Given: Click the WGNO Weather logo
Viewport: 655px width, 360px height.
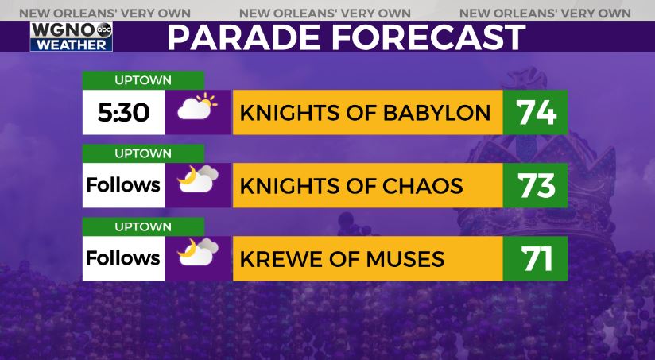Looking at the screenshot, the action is (x=71, y=37).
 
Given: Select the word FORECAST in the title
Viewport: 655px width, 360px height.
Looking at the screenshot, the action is (x=428, y=37).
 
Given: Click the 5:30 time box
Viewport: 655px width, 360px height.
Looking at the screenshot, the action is (x=124, y=112).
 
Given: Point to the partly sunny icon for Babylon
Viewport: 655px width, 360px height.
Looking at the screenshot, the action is (x=197, y=106).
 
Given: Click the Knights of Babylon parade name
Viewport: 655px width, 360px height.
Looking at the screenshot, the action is (x=365, y=113).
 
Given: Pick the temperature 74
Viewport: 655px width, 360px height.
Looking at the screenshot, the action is (x=536, y=113).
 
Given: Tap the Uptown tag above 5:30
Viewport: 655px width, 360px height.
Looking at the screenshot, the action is (x=143, y=80).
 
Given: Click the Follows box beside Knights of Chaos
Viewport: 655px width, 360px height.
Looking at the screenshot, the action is (x=124, y=185).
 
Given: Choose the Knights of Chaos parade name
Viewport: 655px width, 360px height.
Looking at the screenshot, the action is (x=351, y=186).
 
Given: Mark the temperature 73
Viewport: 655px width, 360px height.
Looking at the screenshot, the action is (x=536, y=185).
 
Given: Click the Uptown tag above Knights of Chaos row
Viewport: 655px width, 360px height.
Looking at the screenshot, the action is (x=143, y=153).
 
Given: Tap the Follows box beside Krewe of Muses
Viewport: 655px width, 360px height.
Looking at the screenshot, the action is (x=124, y=258).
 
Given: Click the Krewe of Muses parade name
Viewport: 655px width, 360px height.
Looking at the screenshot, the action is (x=342, y=259).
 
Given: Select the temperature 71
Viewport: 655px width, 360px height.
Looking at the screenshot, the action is (x=537, y=258).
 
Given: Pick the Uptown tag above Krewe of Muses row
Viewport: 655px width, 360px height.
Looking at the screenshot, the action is (x=143, y=226).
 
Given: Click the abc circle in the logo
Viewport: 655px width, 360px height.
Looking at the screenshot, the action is (x=104, y=30).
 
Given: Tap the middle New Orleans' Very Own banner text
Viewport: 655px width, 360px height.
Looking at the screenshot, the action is (x=325, y=14).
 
